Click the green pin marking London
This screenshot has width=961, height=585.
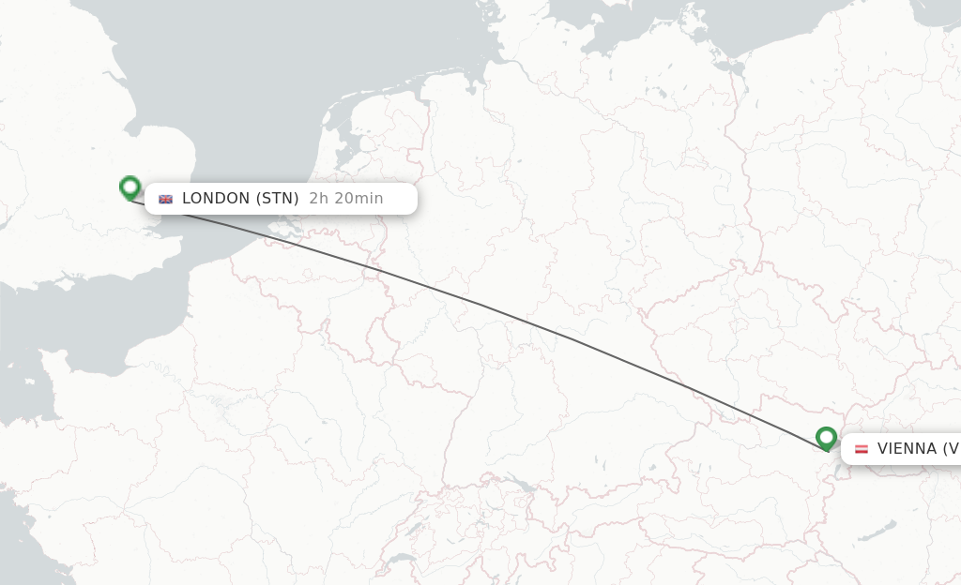130,187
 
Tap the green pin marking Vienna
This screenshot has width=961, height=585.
826,438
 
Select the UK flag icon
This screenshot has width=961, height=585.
166,199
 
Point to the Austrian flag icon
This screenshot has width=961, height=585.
861,449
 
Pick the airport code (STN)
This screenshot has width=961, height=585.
278,199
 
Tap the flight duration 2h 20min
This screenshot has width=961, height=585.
345,199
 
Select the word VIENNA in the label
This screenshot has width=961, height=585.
906,449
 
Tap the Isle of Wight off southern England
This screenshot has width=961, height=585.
65,280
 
